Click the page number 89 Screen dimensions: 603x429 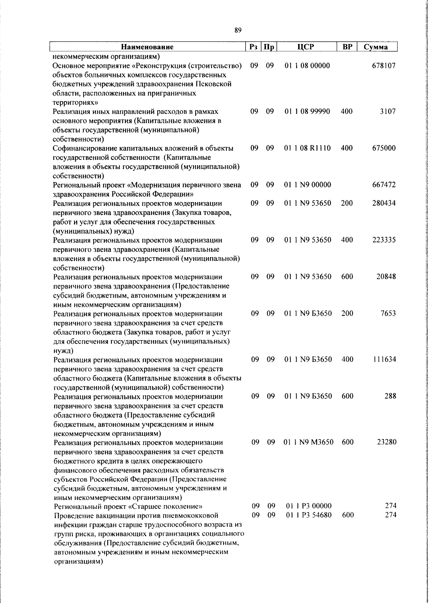(x=238, y=30)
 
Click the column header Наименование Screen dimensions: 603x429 (x=147, y=47)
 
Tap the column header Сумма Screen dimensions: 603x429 (x=375, y=47)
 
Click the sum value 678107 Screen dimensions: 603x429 (x=384, y=66)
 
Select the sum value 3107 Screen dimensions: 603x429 (x=388, y=111)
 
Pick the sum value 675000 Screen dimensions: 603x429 (x=384, y=148)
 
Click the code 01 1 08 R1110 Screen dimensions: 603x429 (x=308, y=148)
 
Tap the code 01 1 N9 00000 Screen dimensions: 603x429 (x=308, y=185)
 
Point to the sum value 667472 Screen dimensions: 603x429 (x=384, y=185)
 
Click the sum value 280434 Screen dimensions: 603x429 (x=384, y=203)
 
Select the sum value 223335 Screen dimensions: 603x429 (x=384, y=240)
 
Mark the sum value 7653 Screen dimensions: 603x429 (x=388, y=313)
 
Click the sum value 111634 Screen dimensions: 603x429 (x=384, y=359)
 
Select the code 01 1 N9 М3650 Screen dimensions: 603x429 (x=309, y=442)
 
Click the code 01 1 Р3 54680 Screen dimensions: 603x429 (x=309, y=515)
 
